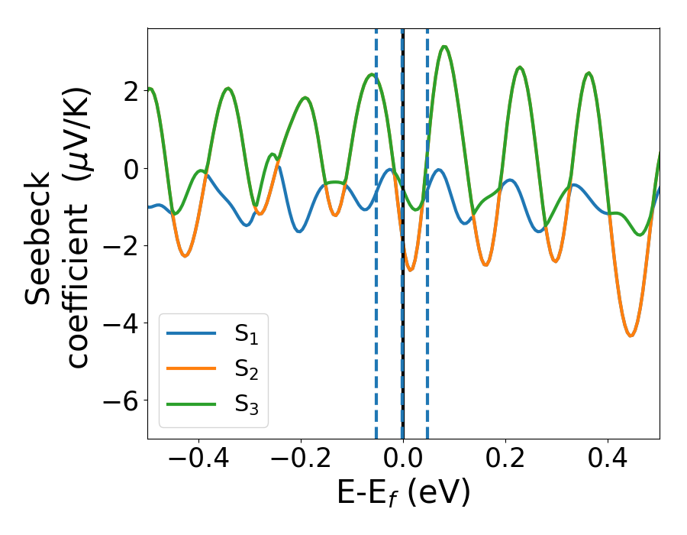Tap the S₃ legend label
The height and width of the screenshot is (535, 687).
[x=246, y=407]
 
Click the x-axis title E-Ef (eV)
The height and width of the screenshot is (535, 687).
[x=403, y=493]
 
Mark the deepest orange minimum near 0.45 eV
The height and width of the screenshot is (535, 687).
[x=631, y=336]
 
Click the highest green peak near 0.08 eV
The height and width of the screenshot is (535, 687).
[x=444, y=47]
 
